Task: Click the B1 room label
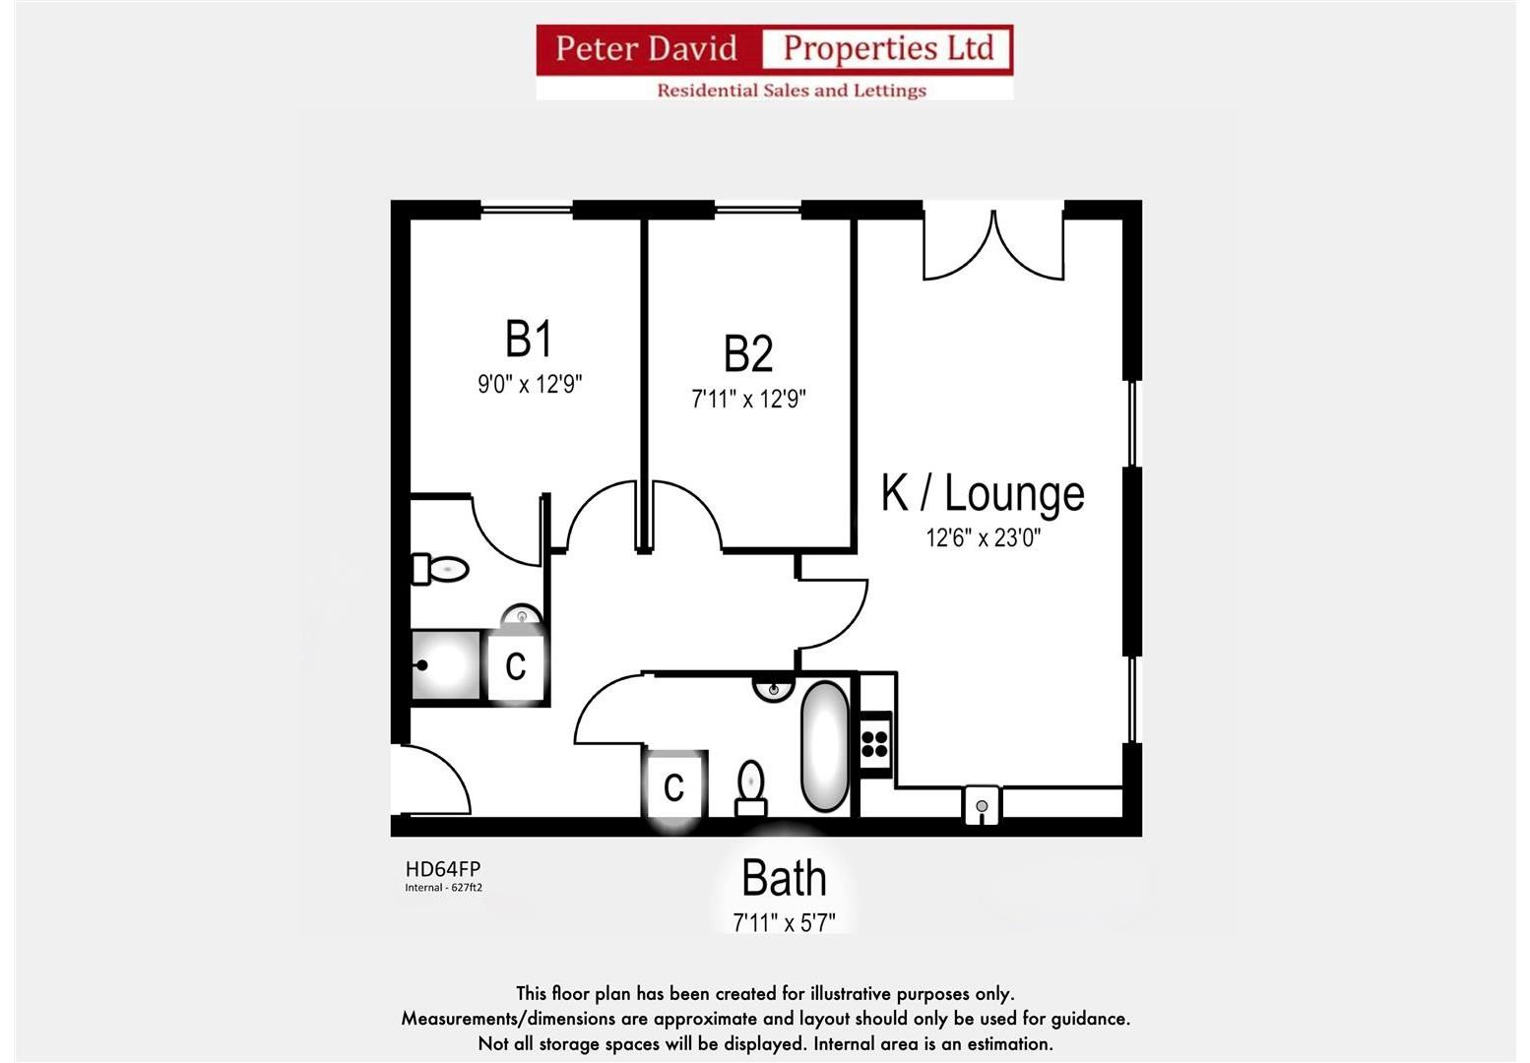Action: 529,340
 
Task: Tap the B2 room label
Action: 748,354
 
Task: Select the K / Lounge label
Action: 983,494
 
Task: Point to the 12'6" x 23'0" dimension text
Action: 983,538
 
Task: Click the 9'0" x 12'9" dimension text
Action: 530,384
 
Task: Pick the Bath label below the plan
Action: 784,878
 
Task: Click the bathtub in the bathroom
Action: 825,746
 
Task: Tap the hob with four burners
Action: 875,743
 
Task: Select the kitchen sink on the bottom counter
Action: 982,805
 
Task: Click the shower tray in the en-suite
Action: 445,665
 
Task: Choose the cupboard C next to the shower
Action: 516,666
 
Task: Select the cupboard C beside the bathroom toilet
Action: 674,785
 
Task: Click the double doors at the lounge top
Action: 993,245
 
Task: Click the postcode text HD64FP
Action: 442,869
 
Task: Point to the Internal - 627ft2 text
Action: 443,888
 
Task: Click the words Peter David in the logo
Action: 646,48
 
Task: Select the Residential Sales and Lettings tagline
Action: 792,91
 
